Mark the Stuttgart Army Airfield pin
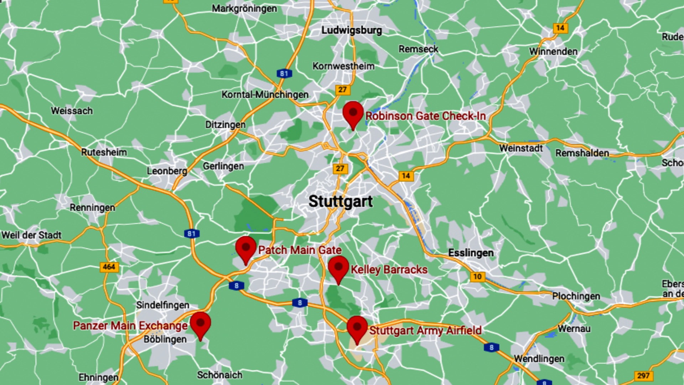coord(357,327)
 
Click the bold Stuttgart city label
coord(341,201)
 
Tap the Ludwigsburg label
coord(351,30)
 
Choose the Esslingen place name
coord(471,253)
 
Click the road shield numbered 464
coord(109,267)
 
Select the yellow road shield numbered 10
coord(477,277)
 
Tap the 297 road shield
coord(643,375)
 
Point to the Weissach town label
coord(72,111)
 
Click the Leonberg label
coord(167,171)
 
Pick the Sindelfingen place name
coord(163,305)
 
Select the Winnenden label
coord(553,52)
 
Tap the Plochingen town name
coord(576,296)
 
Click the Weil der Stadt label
coord(31,235)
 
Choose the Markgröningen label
coord(244,8)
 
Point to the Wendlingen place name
coord(539,359)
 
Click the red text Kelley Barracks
coord(389,269)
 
